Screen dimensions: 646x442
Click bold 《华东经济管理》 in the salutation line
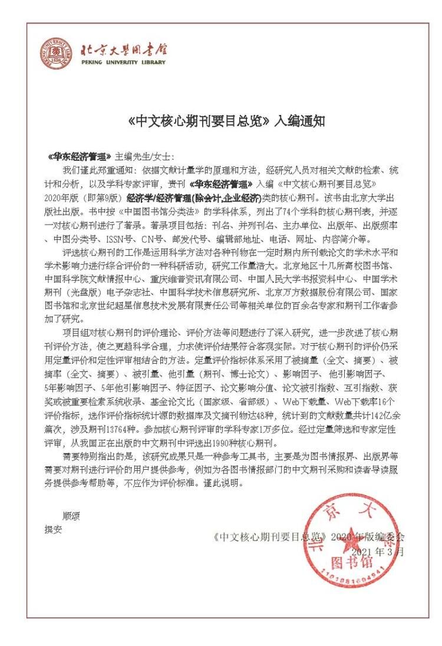(80, 157)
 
